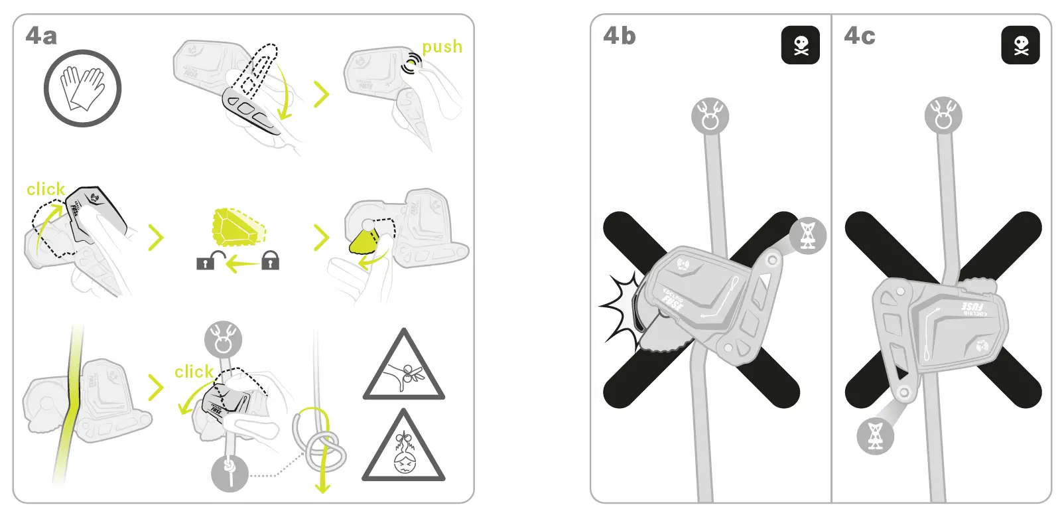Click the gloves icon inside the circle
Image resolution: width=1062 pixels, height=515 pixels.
click(x=83, y=89)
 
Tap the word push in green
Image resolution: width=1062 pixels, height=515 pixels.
click(x=442, y=47)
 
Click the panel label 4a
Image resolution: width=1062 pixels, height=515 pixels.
click(x=41, y=36)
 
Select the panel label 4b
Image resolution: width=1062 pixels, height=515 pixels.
click(x=619, y=36)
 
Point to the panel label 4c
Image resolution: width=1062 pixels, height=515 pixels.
click(x=859, y=36)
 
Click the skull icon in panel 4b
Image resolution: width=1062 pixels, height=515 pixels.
click(x=801, y=45)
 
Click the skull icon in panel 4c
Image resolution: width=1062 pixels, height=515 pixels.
click(x=1020, y=45)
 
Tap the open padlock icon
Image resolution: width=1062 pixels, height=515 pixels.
click(x=206, y=261)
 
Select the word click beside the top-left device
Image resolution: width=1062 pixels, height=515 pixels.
click(x=45, y=189)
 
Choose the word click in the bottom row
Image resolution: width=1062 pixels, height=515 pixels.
click(x=193, y=372)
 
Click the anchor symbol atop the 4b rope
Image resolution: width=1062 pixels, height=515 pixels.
click(x=710, y=116)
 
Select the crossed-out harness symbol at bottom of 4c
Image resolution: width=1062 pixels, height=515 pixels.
click(x=875, y=435)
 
